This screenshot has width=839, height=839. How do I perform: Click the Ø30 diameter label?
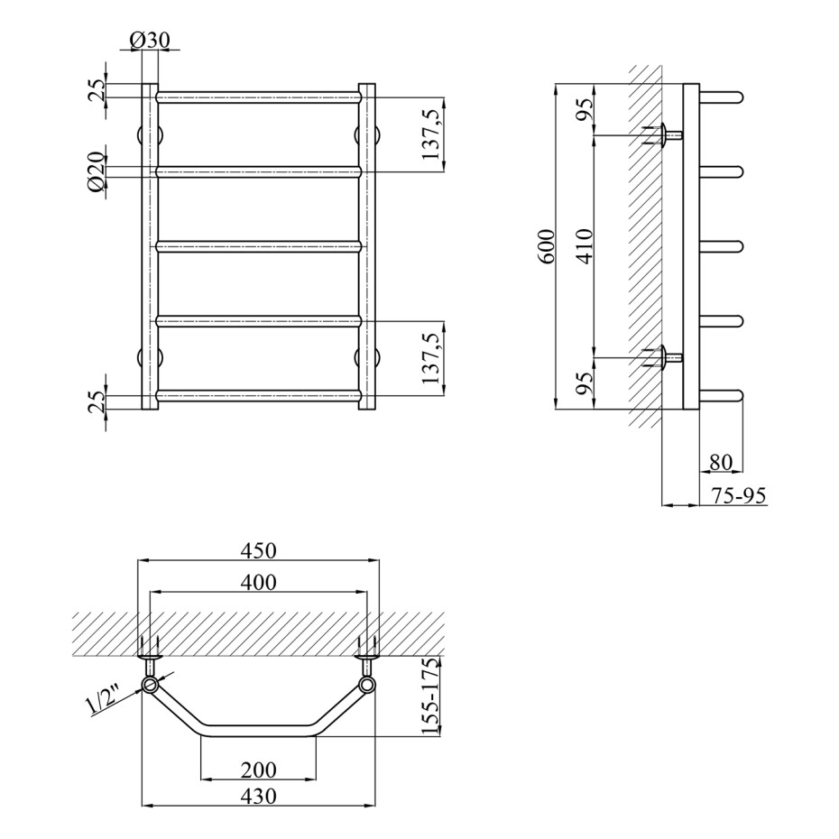click(149, 40)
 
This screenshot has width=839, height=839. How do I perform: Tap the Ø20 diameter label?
click(97, 171)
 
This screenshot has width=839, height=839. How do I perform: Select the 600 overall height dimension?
click(547, 246)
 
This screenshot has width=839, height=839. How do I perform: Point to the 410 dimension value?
click(585, 246)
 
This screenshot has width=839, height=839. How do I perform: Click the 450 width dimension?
click(258, 550)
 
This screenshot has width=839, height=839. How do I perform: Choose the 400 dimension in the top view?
click(258, 582)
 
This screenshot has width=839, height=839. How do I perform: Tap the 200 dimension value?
click(258, 770)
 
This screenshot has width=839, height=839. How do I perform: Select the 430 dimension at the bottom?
click(258, 797)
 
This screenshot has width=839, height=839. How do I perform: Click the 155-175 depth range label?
click(429, 696)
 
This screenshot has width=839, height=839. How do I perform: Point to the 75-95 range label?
click(739, 495)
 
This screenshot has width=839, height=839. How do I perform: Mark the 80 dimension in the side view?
click(720, 462)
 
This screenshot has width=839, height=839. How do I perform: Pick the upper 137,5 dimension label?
click(430, 134)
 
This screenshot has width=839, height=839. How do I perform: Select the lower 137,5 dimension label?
click(430, 357)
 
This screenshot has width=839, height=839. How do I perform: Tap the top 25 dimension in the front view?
click(97, 91)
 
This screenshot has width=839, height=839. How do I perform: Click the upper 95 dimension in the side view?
click(585, 110)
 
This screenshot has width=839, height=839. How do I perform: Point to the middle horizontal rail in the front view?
click(259, 246)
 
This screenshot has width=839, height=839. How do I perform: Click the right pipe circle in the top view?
click(367, 685)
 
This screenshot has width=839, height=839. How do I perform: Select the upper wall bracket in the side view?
click(663, 134)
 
